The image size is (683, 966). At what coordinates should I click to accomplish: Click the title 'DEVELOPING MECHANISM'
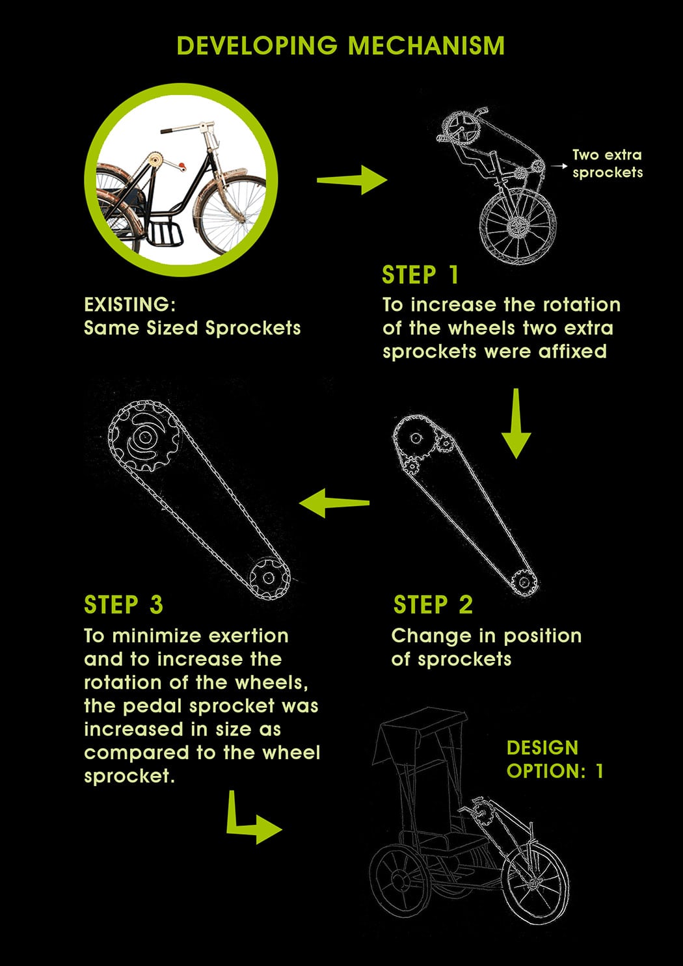[x=341, y=46]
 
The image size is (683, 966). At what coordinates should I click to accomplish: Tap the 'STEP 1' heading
[x=420, y=275]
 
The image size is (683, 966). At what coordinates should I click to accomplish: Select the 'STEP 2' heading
[x=433, y=604]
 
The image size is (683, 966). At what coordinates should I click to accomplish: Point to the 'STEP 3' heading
[x=124, y=604]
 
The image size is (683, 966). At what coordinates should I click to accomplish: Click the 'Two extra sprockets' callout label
[x=608, y=163]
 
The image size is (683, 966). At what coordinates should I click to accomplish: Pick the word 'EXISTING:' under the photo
[x=130, y=304]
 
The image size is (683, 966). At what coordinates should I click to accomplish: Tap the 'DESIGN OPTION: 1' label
[x=554, y=759]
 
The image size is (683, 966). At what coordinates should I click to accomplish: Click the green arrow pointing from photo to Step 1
[x=352, y=180]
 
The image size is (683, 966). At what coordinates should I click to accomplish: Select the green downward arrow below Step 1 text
[x=516, y=423]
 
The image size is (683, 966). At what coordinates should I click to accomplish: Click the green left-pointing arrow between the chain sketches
[x=334, y=503]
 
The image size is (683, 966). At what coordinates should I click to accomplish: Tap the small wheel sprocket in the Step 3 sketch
[x=269, y=578]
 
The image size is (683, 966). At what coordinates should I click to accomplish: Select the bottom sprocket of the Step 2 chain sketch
[x=525, y=583]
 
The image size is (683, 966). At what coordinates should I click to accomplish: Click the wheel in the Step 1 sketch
[x=517, y=226]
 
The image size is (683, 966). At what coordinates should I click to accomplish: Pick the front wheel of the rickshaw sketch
[x=535, y=883]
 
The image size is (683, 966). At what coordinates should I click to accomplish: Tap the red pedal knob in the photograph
[x=183, y=167]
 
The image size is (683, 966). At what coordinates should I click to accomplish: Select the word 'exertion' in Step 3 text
[x=248, y=636]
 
